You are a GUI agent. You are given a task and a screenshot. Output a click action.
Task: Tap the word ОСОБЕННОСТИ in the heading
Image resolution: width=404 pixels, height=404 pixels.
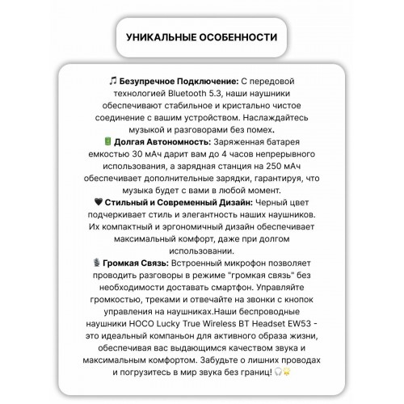click(x=240, y=38)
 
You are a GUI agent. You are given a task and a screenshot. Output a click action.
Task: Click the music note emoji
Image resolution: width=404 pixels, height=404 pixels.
click(x=112, y=82)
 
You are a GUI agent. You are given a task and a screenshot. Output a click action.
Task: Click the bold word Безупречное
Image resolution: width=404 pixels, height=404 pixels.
click(x=151, y=82)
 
